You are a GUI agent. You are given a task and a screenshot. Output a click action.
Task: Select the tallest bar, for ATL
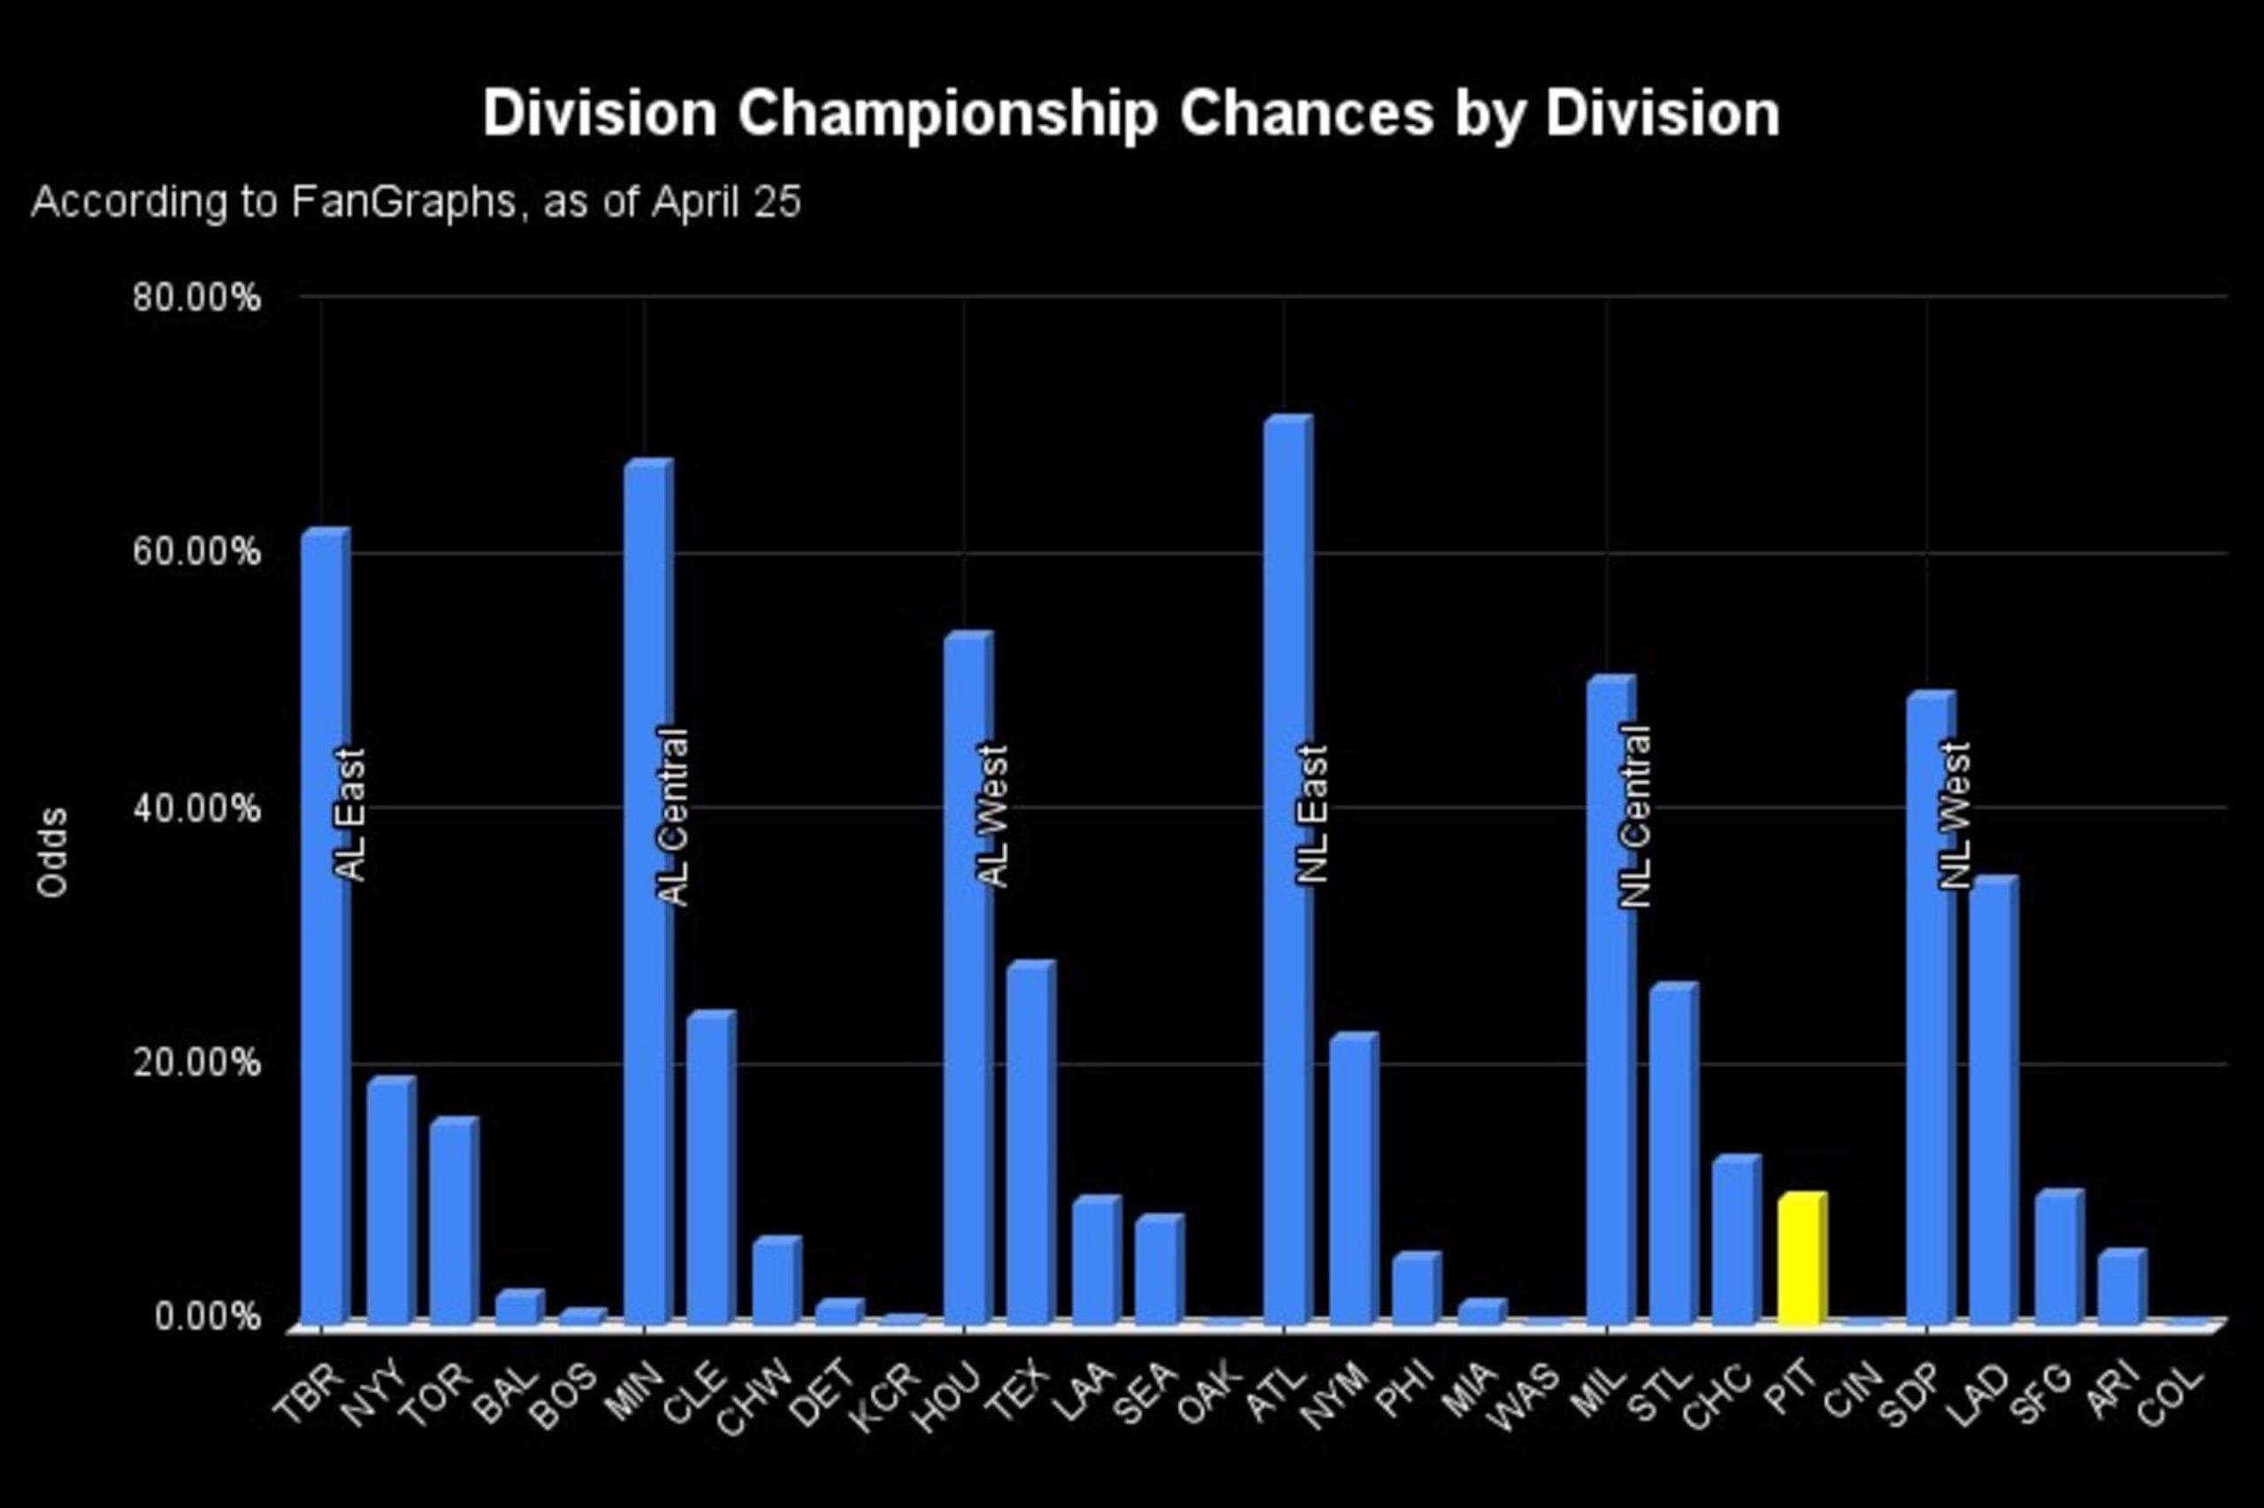pyautogui.click(x=1289, y=871)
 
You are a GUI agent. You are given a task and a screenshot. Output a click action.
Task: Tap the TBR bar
pyautogui.click(x=326, y=927)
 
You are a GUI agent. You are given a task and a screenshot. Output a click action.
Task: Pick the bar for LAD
pyautogui.click(x=1992, y=1101)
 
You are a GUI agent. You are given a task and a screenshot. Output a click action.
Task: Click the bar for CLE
pyautogui.click(x=711, y=1168)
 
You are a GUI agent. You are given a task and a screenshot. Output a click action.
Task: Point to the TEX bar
pyautogui.click(x=1030, y=1144)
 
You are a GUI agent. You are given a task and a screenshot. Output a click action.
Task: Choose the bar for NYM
pyautogui.click(x=1354, y=1180)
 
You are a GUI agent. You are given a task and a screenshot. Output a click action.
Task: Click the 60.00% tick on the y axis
pyautogui.click(x=197, y=553)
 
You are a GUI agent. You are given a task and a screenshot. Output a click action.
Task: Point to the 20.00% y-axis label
pyautogui.click(x=197, y=1064)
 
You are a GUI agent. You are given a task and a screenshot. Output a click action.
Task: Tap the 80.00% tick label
pyautogui.click(x=197, y=297)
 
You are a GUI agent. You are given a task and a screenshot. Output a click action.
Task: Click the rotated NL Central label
pyautogui.click(x=1635, y=816)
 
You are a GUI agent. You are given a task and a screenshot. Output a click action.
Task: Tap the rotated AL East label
pyautogui.click(x=351, y=815)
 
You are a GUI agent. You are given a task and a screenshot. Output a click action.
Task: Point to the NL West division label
pyautogui.click(x=1954, y=815)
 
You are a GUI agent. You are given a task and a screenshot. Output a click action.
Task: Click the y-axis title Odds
pyautogui.click(x=52, y=853)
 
